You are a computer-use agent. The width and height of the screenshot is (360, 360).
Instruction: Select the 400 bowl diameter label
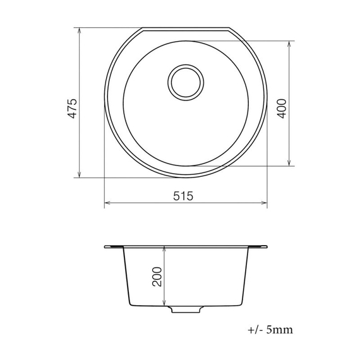click(x=282, y=108)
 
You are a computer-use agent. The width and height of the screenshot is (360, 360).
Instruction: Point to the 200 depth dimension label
click(x=157, y=277)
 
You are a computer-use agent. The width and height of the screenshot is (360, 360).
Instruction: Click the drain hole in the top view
click(x=186, y=81)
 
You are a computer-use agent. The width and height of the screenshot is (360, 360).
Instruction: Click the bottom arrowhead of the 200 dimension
click(x=164, y=304)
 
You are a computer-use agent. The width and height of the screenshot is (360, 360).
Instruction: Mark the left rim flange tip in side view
click(x=105, y=246)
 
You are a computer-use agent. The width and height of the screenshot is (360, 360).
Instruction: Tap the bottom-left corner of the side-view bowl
click(x=128, y=304)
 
